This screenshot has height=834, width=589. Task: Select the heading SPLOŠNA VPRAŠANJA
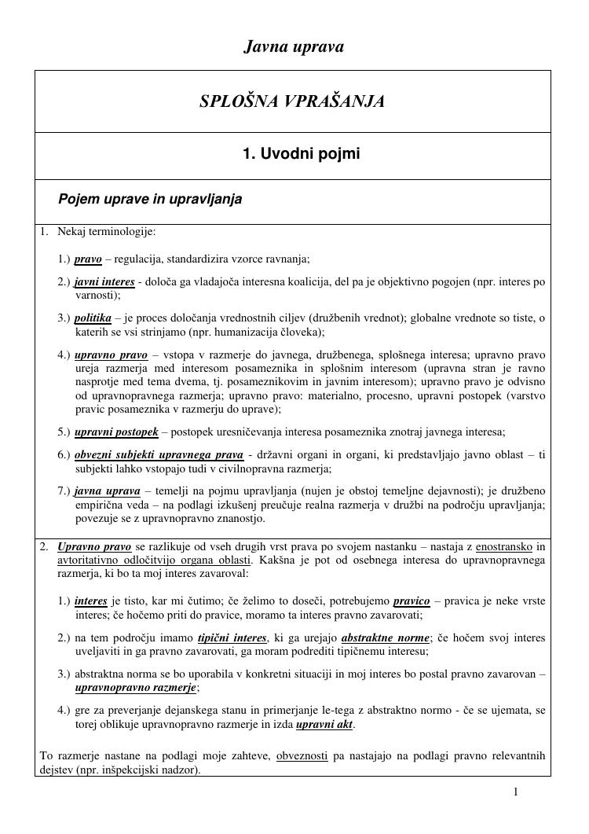point(292,101)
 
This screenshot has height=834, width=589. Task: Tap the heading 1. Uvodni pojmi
point(301,154)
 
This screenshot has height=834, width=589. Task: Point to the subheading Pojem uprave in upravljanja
point(150,200)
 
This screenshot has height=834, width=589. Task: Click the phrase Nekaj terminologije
point(106,232)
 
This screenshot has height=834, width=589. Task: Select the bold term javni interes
point(104,282)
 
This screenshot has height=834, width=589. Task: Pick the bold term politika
point(93,318)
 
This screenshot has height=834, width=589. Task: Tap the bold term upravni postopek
point(116,432)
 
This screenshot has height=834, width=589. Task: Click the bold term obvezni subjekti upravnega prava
point(159,455)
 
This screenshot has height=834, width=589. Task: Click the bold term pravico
point(412,601)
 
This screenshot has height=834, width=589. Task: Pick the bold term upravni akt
point(324,725)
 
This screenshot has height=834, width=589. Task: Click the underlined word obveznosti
point(302,756)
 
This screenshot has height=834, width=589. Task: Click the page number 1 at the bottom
point(516,792)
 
